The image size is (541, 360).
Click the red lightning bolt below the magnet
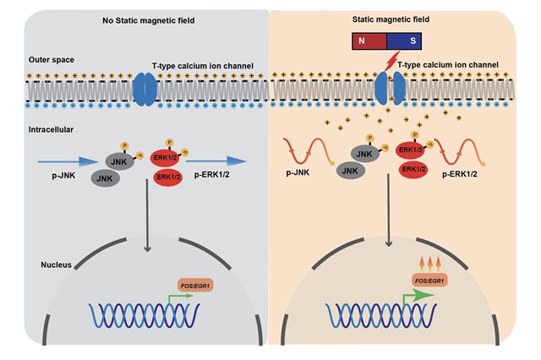[391, 63]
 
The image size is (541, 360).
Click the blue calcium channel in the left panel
[145, 89]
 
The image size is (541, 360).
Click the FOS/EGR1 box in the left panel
[195, 286]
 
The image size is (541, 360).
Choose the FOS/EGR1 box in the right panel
[428, 280]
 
